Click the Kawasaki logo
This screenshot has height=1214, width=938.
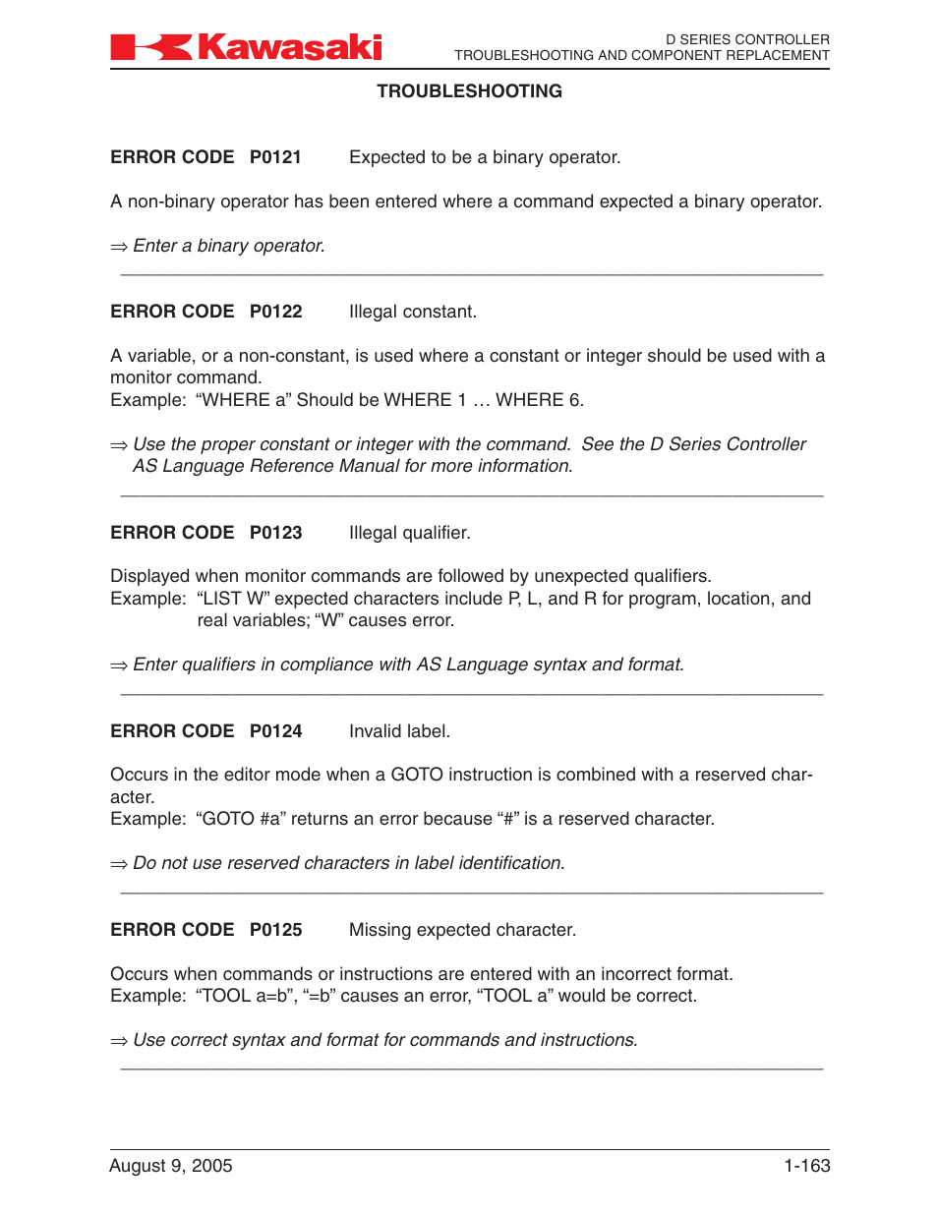click(x=246, y=46)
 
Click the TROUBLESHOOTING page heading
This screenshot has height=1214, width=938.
click(x=469, y=91)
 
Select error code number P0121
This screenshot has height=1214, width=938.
click(x=275, y=157)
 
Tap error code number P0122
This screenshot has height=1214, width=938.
click(x=275, y=312)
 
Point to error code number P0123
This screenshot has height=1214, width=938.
click(x=275, y=533)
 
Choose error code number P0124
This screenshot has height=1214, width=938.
click(x=275, y=731)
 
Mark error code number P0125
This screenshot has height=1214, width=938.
click(x=275, y=930)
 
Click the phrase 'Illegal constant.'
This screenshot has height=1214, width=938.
click(x=412, y=312)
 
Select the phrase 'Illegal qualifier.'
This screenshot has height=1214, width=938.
click(x=409, y=533)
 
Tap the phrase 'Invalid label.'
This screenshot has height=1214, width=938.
click(x=399, y=731)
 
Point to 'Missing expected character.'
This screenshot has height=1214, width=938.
click(x=462, y=930)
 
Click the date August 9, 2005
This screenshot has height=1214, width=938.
click(x=171, y=1166)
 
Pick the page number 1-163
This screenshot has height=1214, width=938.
click(x=806, y=1166)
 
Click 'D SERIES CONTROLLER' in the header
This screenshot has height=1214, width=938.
click(x=747, y=39)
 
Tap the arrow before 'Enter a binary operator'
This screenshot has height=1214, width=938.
click(x=119, y=247)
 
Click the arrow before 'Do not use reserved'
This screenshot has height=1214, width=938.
click(x=119, y=864)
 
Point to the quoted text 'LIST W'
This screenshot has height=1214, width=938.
click(x=235, y=599)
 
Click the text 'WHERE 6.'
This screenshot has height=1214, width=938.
click(x=539, y=400)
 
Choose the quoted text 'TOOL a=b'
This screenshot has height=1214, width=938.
click(x=244, y=996)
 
